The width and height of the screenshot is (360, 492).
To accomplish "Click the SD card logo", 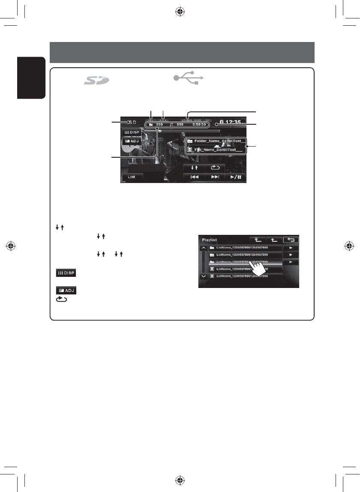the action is [96, 80].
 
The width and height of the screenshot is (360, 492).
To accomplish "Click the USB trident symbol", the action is [189, 78].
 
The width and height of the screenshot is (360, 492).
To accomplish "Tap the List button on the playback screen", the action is [132, 177].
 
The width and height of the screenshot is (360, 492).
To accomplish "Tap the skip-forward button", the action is [216, 177].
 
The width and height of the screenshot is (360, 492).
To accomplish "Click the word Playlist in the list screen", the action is [210, 240].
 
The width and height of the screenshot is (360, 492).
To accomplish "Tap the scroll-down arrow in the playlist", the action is [203, 276].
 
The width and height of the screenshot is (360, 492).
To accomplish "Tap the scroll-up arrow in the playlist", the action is [203, 248].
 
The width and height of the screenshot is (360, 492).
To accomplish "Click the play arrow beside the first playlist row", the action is [291, 248].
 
